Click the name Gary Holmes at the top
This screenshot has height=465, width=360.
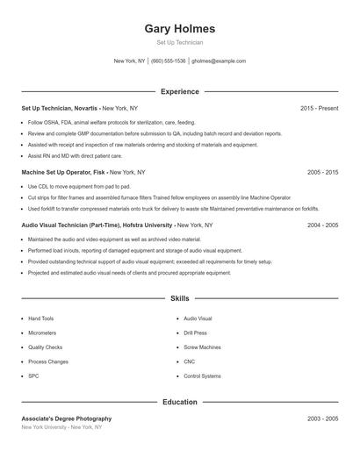(179, 29)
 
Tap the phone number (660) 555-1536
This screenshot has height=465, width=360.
(169, 61)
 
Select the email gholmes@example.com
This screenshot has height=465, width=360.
(219, 61)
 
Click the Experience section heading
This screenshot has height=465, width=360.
(179, 91)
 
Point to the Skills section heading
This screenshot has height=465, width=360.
(179, 299)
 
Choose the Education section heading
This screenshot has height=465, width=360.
(179, 403)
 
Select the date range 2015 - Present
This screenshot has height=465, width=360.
(319, 108)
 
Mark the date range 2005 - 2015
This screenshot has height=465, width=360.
(322, 173)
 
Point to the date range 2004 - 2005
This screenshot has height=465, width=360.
(322, 225)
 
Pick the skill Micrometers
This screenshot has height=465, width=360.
(42, 333)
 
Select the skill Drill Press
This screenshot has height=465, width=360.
(196, 333)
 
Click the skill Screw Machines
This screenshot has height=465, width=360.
(203, 347)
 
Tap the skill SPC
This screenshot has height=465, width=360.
(33, 376)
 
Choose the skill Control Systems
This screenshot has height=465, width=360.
(203, 376)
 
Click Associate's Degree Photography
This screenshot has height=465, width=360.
(67, 418)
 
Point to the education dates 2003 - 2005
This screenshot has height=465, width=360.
(322, 418)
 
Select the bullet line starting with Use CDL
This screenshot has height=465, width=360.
(79, 187)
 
